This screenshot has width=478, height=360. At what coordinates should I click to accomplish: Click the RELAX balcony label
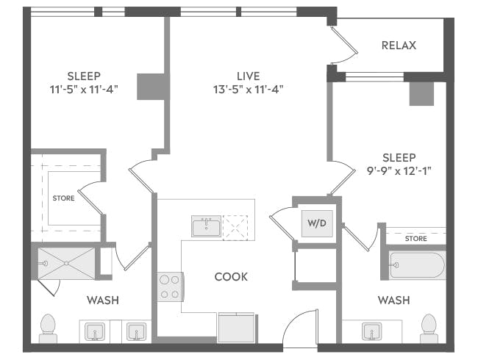(399, 46)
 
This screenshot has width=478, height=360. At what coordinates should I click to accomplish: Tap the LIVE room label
(243, 76)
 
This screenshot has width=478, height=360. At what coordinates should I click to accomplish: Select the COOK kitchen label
(231, 277)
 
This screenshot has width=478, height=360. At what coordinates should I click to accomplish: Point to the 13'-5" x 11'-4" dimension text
(243, 90)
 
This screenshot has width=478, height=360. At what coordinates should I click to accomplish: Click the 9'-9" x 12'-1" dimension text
(399, 171)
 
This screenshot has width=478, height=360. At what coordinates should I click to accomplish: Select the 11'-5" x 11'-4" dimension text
(84, 90)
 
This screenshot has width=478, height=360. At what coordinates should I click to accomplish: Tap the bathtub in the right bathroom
(417, 265)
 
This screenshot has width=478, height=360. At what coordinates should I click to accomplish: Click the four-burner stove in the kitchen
(170, 286)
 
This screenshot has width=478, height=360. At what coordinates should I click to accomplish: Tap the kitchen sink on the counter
(207, 226)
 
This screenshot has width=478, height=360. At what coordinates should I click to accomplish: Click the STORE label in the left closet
(63, 198)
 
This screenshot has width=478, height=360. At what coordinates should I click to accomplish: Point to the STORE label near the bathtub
(415, 238)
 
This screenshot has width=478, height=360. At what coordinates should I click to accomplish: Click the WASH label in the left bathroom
(103, 300)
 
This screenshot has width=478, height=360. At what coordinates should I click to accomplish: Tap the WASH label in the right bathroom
(393, 300)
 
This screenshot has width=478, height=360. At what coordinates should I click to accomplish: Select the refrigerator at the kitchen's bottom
(236, 327)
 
